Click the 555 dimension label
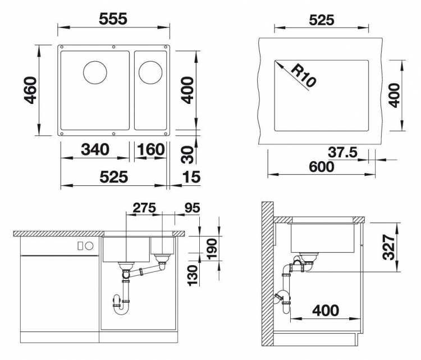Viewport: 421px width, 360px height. pyautogui.click(x=113, y=19)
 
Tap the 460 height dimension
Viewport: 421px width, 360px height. pyautogui.click(x=30, y=90)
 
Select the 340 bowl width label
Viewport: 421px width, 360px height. pyautogui.click(x=95, y=149)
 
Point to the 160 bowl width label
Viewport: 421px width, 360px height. pyautogui.click(x=150, y=149)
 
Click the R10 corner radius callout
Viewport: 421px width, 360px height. pyautogui.click(x=303, y=76)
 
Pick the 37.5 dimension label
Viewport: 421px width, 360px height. pyautogui.click(x=342, y=153)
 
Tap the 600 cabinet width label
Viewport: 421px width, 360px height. pyautogui.click(x=322, y=167)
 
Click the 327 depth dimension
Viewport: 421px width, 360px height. pyautogui.click(x=388, y=247)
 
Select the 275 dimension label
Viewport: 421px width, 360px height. pyautogui.click(x=144, y=208)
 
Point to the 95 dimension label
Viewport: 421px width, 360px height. pyautogui.click(x=192, y=208)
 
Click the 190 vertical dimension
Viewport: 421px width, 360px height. pyautogui.click(x=212, y=249)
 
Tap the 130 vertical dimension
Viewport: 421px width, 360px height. pyautogui.click(x=193, y=276)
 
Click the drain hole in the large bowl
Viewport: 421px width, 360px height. pyautogui.click(x=95, y=72)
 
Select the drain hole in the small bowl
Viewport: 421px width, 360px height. pyautogui.click(x=150, y=72)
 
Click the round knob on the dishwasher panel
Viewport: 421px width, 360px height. pyautogui.click(x=89, y=246)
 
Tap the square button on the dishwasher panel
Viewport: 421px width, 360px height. pyautogui.click(x=80, y=246)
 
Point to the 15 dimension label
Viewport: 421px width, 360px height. pyautogui.click(x=191, y=177)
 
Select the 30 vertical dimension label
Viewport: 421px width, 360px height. pyautogui.click(x=187, y=155)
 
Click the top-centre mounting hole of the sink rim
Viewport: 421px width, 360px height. pyautogui.click(x=113, y=47)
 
